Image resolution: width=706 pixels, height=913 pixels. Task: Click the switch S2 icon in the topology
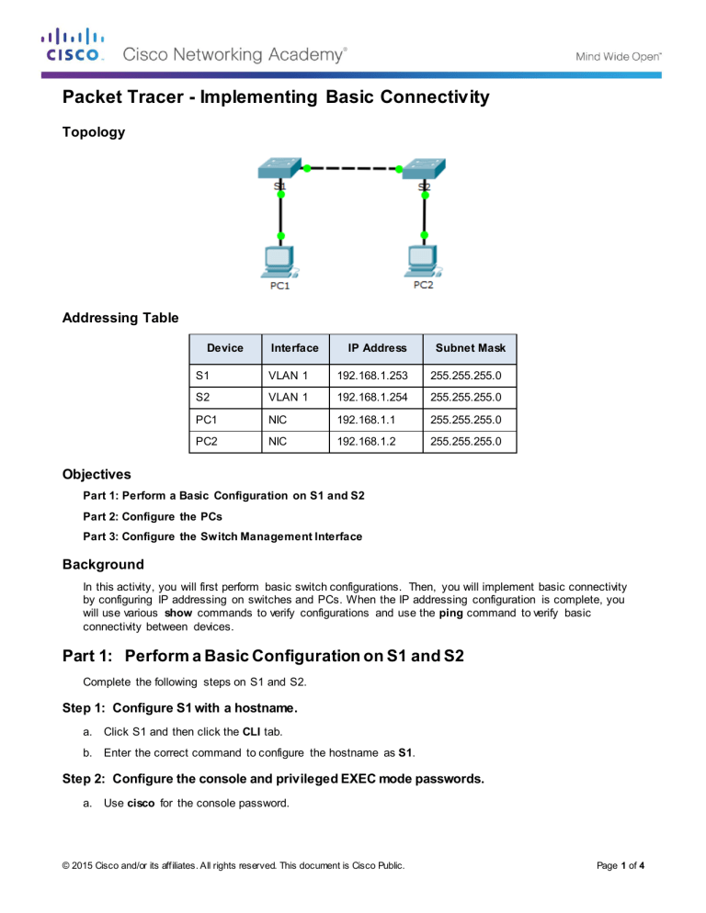pyautogui.click(x=422, y=171)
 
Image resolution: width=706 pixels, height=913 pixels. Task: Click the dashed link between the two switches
pyautogui.click(x=351, y=169)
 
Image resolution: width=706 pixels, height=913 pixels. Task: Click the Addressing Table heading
pyautogui.click(x=120, y=318)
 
